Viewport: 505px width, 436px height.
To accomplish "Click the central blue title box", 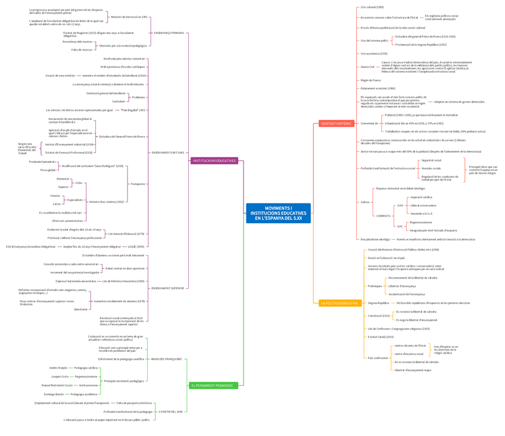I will tap(278, 213).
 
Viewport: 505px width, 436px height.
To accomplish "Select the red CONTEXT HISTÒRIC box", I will tap(336, 123).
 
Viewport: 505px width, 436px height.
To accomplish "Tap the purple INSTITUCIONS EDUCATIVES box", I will tap(214, 160).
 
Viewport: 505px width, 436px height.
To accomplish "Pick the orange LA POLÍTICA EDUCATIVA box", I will tap(339, 303).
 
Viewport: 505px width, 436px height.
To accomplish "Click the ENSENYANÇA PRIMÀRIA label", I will tap(169, 33).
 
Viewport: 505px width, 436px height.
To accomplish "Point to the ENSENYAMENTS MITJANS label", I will tap(167, 153).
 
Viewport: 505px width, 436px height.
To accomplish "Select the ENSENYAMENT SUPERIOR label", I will tap(167, 288).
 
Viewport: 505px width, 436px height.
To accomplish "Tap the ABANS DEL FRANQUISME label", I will tap(166, 359).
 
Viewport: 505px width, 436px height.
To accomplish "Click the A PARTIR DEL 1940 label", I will tap(171, 412).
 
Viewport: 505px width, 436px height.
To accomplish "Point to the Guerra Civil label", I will tap(367, 67).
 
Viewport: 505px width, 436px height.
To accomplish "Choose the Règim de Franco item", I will tap(370, 80).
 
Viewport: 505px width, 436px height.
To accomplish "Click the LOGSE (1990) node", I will tap(136, 246).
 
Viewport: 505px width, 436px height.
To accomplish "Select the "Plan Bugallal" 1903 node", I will tap(133, 110).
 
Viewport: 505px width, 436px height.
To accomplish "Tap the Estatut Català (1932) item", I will tap(381, 336).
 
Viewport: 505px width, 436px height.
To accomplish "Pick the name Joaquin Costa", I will tap(60, 376).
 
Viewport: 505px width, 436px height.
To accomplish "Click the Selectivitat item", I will tap(81, 309).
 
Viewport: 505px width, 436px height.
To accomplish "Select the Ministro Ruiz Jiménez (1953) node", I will tap(107, 202).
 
